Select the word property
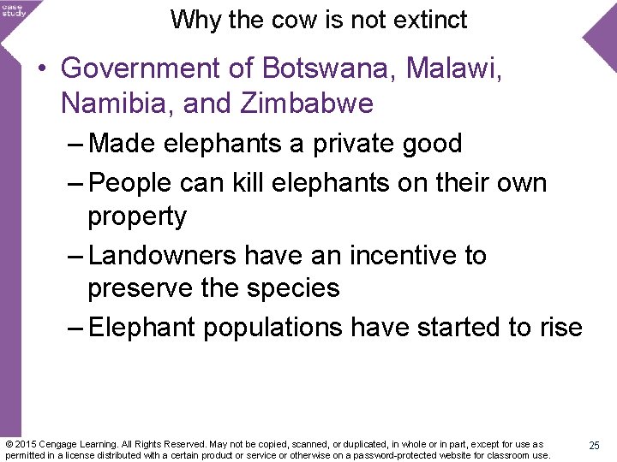136,217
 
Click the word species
296,288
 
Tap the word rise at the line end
558,327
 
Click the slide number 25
593,446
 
